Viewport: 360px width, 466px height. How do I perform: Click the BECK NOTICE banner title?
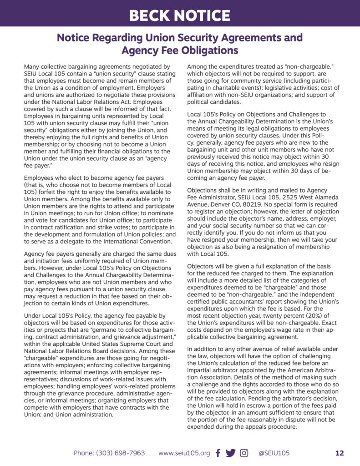tap(179, 15)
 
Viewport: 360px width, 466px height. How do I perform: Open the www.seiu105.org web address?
tap(184, 453)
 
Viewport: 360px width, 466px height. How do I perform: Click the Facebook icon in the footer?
tap(218, 453)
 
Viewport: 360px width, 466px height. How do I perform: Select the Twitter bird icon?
tap(231, 453)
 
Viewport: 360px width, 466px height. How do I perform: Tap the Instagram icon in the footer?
tap(244, 453)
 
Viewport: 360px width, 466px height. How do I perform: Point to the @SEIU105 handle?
tap(274, 453)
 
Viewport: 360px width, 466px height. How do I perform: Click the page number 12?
tap(339, 453)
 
